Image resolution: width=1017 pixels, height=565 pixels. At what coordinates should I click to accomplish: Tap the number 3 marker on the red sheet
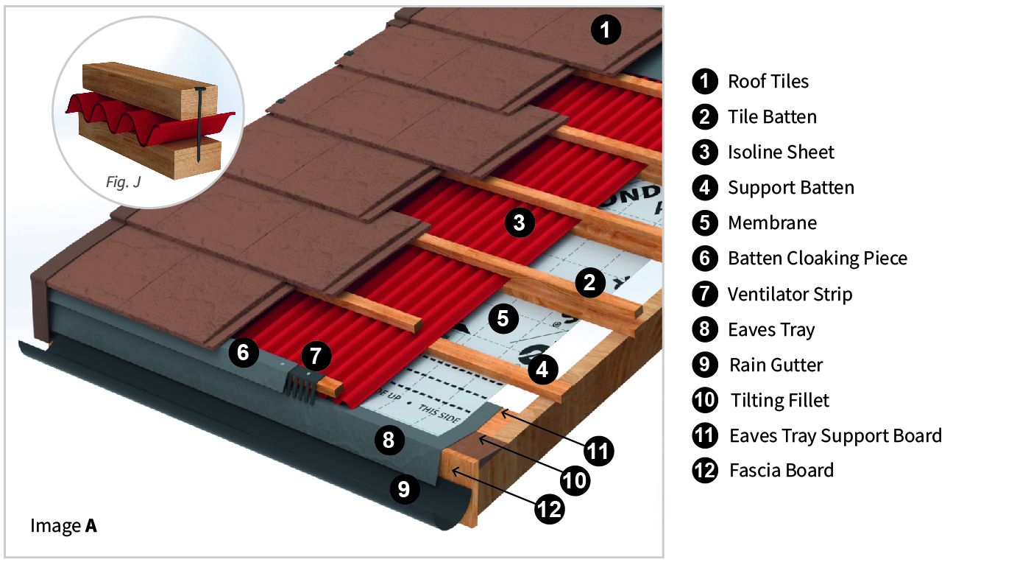click(x=520, y=222)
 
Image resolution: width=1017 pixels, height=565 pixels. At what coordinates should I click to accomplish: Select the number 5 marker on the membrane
click(x=503, y=318)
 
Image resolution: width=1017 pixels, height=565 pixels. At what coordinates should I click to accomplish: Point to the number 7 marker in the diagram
click(x=315, y=356)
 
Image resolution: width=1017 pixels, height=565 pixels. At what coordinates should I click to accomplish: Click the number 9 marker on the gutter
click(x=404, y=488)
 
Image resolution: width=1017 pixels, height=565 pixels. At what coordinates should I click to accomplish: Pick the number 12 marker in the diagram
click(x=549, y=508)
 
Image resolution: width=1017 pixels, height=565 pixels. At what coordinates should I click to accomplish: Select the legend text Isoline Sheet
click(x=781, y=152)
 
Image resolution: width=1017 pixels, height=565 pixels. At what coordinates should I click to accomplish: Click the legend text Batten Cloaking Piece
click(x=817, y=259)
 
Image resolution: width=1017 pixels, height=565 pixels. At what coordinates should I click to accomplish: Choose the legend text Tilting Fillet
click(x=779, y=401)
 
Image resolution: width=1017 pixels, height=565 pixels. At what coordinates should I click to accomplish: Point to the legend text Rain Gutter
click(x=776, y=365)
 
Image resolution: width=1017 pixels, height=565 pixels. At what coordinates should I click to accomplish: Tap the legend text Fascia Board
click(x=781, y=471)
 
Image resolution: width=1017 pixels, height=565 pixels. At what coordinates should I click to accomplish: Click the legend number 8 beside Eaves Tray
click(x=704, y=329)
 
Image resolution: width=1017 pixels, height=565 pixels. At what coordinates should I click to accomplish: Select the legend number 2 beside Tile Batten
click(x=704, y=116)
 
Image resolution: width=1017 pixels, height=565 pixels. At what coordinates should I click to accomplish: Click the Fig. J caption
click(x=123, y=182)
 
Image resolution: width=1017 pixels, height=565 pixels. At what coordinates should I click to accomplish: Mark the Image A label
click(x=63, y=526)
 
